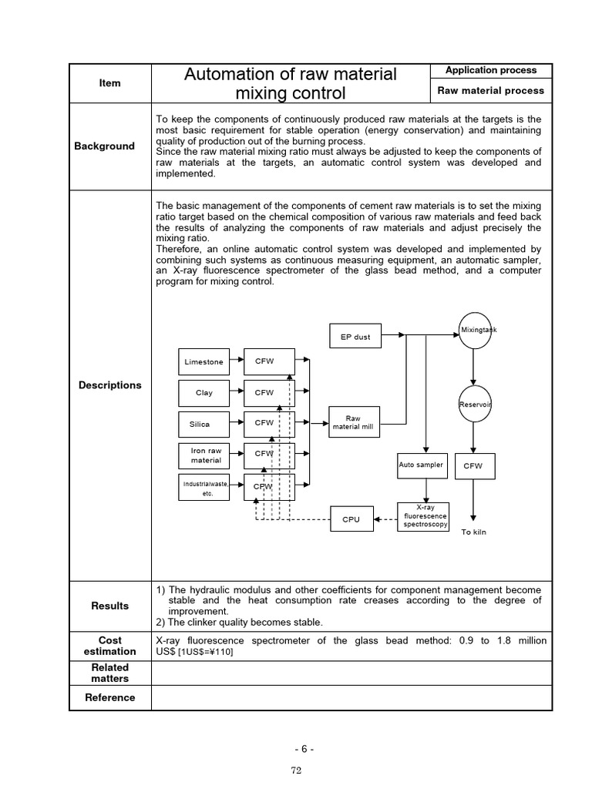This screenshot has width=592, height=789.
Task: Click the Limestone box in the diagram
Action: pos(204,361)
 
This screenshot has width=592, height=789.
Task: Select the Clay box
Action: pos(204,393)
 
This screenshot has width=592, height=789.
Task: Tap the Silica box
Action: pos(200,424)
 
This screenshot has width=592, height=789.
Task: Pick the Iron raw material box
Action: pos(205,455)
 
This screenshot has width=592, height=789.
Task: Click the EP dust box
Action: pos(355,337)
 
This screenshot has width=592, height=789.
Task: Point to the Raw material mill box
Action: pos(354,422)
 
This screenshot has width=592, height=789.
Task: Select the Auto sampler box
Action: pos(422,465)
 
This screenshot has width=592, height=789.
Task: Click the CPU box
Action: pos(351,519)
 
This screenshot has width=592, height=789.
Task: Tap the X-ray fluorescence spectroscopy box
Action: pos(422,516)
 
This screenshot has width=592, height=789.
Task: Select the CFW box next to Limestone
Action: pos(264,361)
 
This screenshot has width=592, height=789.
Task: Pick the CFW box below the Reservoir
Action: pos(473,466)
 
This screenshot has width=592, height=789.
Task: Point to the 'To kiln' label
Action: pos(474,532)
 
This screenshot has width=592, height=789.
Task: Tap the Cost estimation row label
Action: pos(110,646)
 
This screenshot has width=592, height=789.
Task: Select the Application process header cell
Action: pos(491,71)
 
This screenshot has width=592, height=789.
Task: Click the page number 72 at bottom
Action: pos(295,771)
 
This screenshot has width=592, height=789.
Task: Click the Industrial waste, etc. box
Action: pos(204,488)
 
